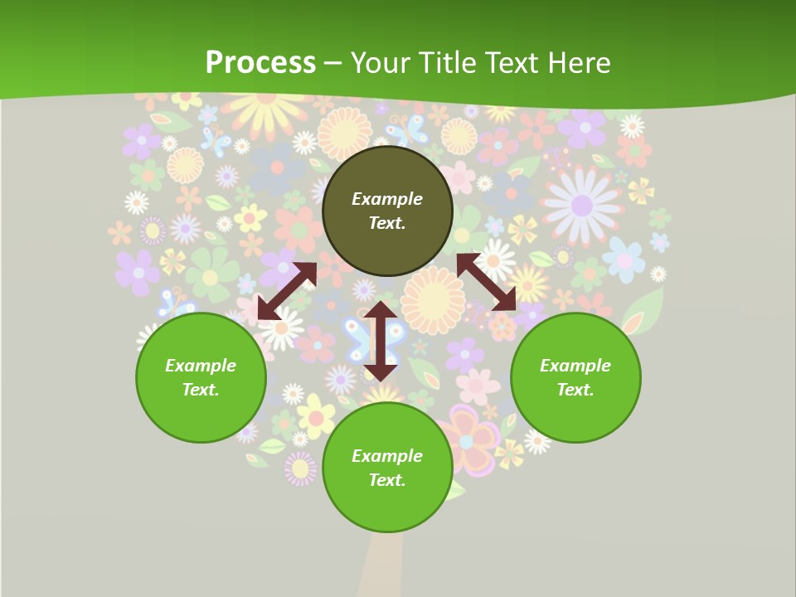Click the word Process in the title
point(260,63)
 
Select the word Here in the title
point(578,63)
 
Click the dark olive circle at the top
point(387,211)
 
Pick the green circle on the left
point(201,377)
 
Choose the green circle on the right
point(575,377)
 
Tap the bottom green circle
point(387,468)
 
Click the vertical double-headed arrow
point(381,341)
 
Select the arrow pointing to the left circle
point(287,291)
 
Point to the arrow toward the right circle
point(486,283)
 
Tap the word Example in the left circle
point(201,366)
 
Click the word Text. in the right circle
point(575,390)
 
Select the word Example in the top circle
point(387,199)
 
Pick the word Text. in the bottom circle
point(387,480)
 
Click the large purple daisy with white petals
point(582,205)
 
